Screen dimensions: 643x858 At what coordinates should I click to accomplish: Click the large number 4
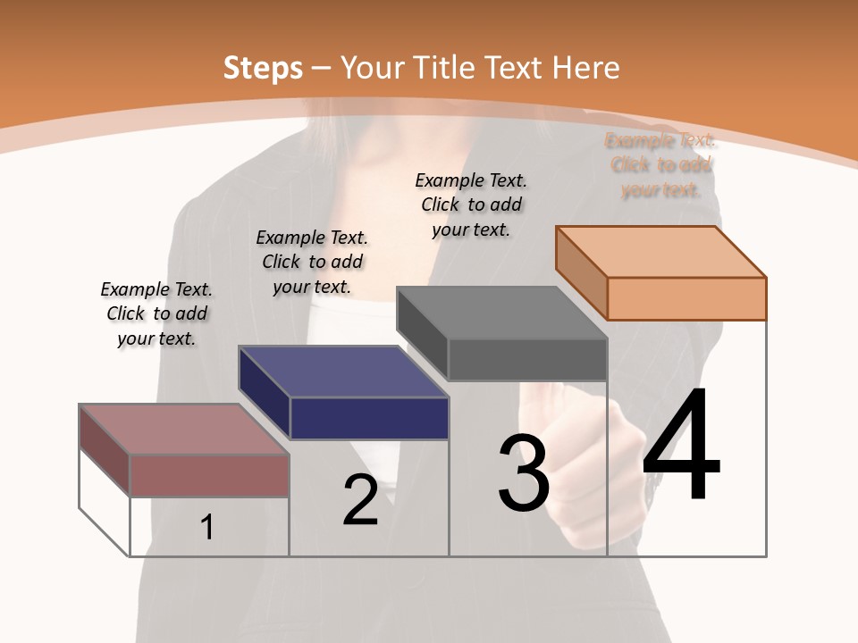pos(681,446)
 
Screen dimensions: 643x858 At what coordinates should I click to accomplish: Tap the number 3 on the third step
pos(523,473)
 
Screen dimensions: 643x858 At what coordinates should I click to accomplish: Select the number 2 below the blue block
pos(360,500)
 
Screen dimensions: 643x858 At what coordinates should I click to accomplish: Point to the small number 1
pos(206,528)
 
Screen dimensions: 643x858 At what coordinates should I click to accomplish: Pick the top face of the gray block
pos(501,313)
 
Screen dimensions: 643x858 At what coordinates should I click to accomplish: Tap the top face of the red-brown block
pos(184,430)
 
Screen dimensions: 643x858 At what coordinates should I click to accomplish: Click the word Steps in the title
pos(263,68)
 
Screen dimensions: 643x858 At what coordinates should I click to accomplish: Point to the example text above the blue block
pos(312,262)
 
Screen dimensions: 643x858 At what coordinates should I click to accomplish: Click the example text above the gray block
pos(471,205)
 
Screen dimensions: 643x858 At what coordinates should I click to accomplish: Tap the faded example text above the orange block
pos(660,165)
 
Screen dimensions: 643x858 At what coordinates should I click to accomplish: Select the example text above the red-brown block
pos(156,313)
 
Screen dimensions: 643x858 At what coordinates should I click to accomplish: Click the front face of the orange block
pos(686,298)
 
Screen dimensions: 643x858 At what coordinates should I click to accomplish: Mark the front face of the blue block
pos(369,418)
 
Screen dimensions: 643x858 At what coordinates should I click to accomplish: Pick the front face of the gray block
pos(527,360)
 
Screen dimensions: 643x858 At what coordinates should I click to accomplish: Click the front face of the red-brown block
pos(210,475)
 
